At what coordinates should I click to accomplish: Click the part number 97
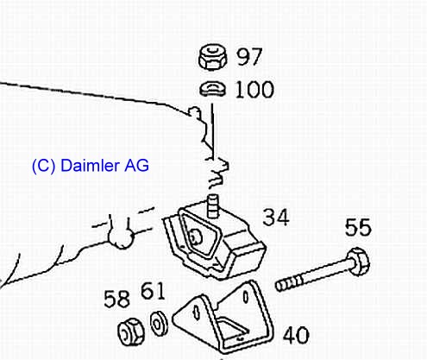(x=249, y=57)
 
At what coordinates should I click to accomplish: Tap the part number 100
(x=254, y=90)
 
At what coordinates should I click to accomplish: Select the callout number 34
(x=276, y=218)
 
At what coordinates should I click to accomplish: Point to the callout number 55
(x=358, y=227)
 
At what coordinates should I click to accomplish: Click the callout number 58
(x=116, y=300)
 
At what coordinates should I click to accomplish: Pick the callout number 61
(x=153, y=291)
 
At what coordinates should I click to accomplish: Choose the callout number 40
(x=296, y=335)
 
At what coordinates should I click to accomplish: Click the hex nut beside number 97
(x=212, y=57)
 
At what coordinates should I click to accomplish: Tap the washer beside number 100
(x=213, y=89)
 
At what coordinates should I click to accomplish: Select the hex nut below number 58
(x=131, y=332)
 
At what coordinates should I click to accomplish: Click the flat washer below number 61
(x=159, y=323)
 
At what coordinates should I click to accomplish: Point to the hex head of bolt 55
(x=358, y=262)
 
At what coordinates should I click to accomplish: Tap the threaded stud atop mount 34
(x=213, y=205)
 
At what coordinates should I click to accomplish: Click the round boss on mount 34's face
(x=196, y=237)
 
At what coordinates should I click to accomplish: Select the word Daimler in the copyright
(x=90, y=166)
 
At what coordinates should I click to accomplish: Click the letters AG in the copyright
(x=136, y=166)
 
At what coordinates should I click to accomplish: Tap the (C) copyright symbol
(x=43, y=166)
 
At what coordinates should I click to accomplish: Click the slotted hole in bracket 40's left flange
(x=197, y=313)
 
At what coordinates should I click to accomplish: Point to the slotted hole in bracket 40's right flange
(x=246, y=297)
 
